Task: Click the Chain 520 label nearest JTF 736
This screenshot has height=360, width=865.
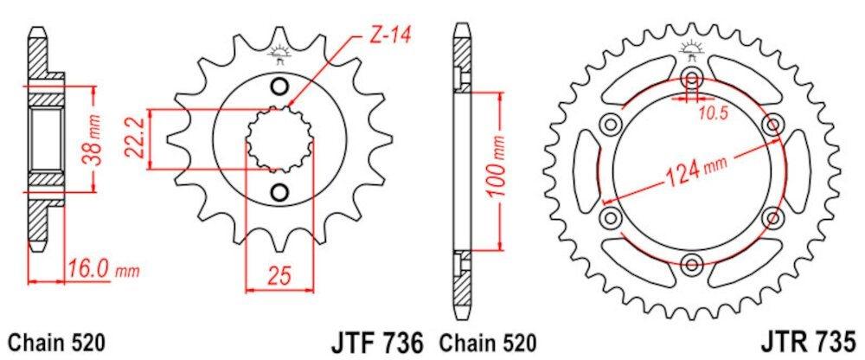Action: click(488, 341)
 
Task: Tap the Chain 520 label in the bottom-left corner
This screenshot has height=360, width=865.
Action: click(57, 341)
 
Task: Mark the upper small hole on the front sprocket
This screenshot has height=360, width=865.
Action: click(279, 86)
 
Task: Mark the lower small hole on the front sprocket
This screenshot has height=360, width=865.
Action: click(279, 191)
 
